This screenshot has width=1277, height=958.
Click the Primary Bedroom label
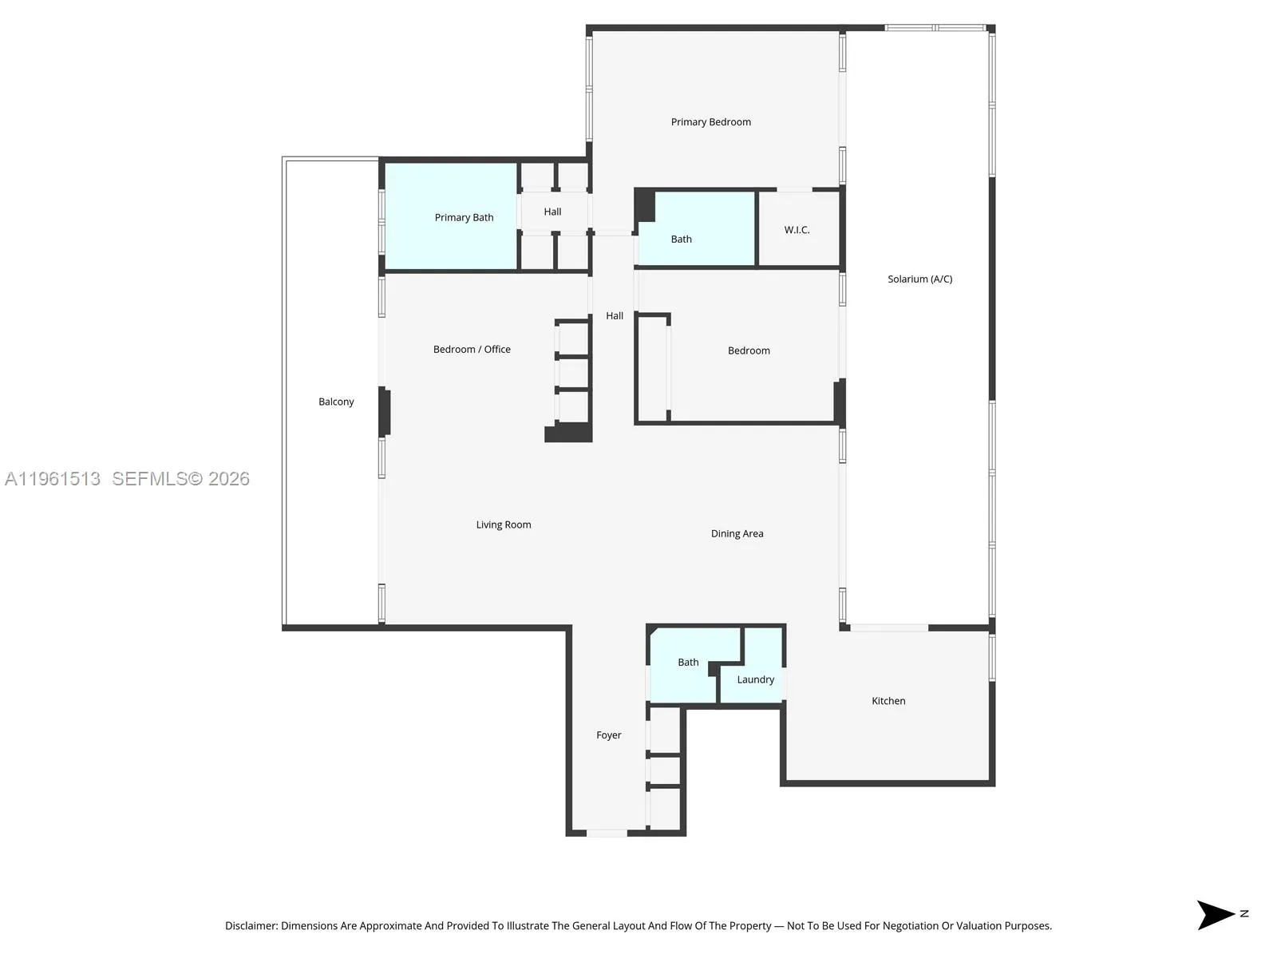710,122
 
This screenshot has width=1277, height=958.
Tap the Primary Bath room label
464,217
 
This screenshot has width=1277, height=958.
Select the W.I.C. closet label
797,230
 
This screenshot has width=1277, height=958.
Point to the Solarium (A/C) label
919,279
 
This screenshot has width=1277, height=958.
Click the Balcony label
336,402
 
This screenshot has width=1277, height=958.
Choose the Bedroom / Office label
472,349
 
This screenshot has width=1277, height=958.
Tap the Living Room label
504,525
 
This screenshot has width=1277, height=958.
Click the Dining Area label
737,533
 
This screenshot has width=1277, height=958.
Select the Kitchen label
888,701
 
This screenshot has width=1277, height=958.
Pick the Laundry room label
755,679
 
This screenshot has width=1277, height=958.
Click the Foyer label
608,735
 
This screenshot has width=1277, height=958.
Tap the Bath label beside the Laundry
688,662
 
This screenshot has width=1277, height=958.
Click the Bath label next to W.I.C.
681,239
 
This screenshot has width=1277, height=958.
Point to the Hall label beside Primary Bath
552,212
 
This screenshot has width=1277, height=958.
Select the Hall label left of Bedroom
615,315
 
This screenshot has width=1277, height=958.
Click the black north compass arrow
1214,915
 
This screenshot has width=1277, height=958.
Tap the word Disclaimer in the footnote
251,926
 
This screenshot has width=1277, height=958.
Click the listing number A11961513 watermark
53,479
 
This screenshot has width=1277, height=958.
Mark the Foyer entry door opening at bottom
607,833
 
